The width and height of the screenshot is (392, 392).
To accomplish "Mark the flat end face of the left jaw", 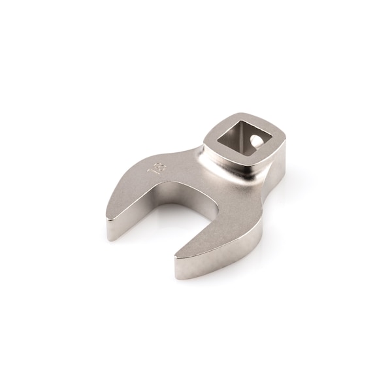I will pyautogui.click(x=114, y=228).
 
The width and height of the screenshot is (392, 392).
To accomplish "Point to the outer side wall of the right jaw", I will pyautogui.click(x=229, y=252).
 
